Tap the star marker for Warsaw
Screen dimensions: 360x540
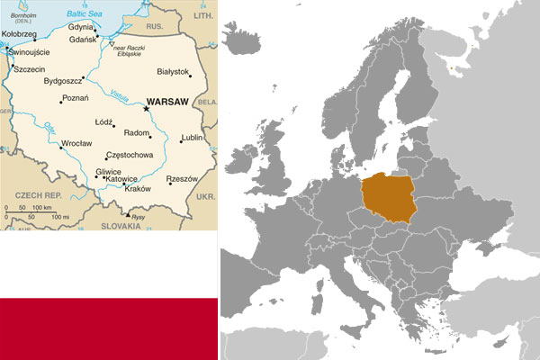[147, 109]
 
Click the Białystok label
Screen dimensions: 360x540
[173, 71]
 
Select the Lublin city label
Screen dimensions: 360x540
[193, 138]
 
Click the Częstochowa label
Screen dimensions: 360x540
[130, 155]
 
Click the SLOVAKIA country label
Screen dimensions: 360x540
[121, 226]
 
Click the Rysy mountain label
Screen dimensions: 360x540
[138, 216]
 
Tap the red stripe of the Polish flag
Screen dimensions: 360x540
[108, 329]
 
